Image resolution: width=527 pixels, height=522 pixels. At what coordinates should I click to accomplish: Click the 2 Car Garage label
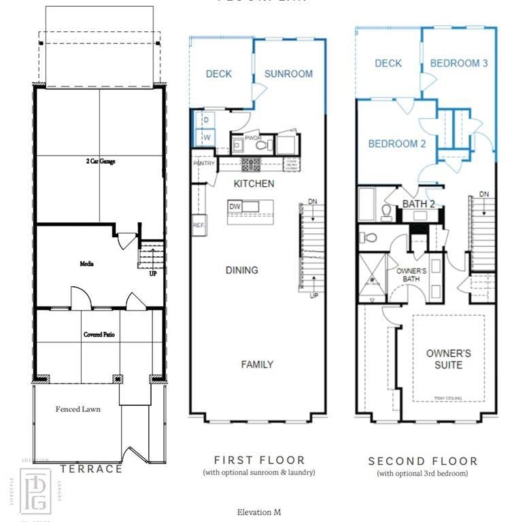(99, 162)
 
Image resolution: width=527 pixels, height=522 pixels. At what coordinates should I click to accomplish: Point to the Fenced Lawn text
(78, 409)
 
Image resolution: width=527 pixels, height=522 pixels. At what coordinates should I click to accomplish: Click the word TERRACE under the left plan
(91, 469)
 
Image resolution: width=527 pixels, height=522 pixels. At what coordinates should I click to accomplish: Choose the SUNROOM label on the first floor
(288, 74)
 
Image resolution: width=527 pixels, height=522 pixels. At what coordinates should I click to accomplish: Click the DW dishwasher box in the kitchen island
(235, 207)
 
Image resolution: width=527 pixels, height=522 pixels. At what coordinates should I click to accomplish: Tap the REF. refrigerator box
(199, 225)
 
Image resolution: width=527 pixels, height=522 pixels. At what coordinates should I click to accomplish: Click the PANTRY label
(203, 164)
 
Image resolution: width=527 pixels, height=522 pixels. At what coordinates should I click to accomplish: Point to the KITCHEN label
(254, 184)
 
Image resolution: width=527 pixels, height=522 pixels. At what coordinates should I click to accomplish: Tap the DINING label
(241, 270)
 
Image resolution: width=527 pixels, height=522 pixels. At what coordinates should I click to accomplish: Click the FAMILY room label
(257, 364)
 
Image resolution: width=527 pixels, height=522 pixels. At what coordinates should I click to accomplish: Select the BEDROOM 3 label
(459, 63)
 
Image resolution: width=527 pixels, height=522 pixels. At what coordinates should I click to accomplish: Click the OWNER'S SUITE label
(448, 359)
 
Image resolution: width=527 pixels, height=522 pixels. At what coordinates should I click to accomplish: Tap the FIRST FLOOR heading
(259, 460)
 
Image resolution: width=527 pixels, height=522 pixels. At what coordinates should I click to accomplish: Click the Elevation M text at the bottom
(259, 512)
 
